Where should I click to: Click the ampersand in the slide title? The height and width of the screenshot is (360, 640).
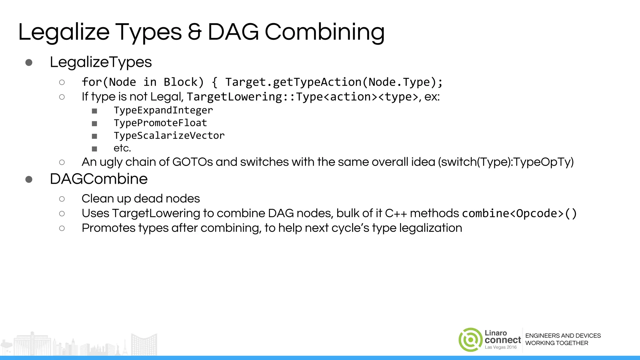(195, 32)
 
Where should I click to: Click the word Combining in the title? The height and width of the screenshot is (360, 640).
(324, 32)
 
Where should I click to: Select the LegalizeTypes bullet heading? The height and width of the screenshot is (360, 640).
(101, 62)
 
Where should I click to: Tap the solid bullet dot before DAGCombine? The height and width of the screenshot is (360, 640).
(29, 179)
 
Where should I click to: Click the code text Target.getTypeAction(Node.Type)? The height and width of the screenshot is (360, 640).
(334, 82)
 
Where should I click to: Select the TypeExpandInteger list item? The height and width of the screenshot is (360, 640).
(163, 110)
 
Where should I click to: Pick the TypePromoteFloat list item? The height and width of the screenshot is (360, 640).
(160, 123)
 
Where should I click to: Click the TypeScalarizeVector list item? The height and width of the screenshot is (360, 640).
(169, 136)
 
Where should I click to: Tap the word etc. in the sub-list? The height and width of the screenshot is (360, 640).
(122, 148)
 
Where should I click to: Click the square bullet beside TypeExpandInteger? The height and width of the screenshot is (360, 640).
(94, 111)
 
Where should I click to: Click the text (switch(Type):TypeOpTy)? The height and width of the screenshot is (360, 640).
(506, 162)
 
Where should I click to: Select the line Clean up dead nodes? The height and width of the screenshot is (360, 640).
(141, 199)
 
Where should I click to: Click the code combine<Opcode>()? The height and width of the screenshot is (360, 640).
(519, 213)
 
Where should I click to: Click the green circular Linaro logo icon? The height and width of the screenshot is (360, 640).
(470, 340)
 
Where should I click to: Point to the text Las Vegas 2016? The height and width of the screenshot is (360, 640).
(501, 347)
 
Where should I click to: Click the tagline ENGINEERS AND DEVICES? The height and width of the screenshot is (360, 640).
(563, 336)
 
